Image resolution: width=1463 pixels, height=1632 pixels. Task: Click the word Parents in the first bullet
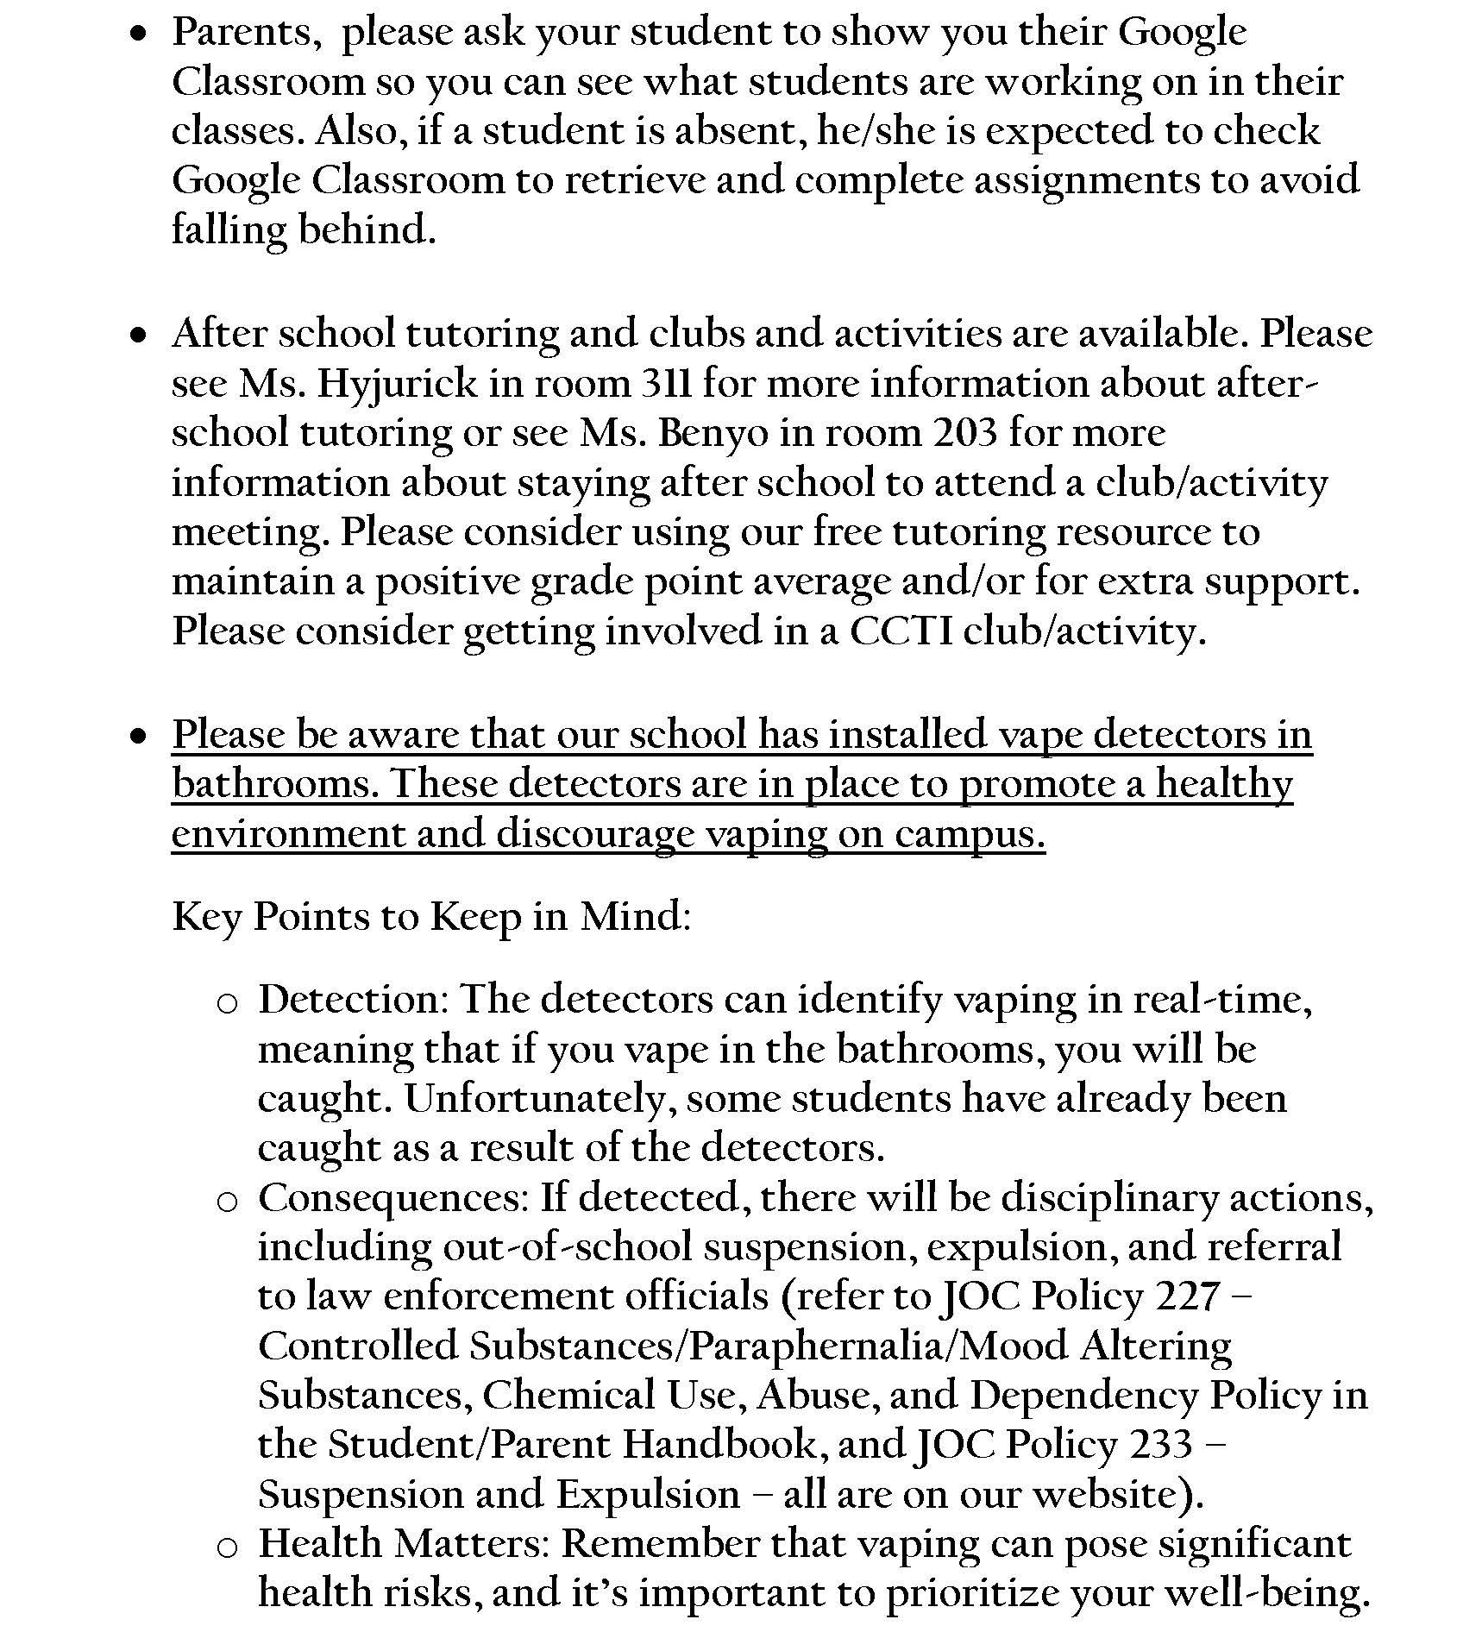(x=242, y=33)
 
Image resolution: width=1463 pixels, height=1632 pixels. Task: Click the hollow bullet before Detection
(x=227, y=1003)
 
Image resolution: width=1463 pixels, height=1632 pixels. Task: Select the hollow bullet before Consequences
(x=227, y=1202)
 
